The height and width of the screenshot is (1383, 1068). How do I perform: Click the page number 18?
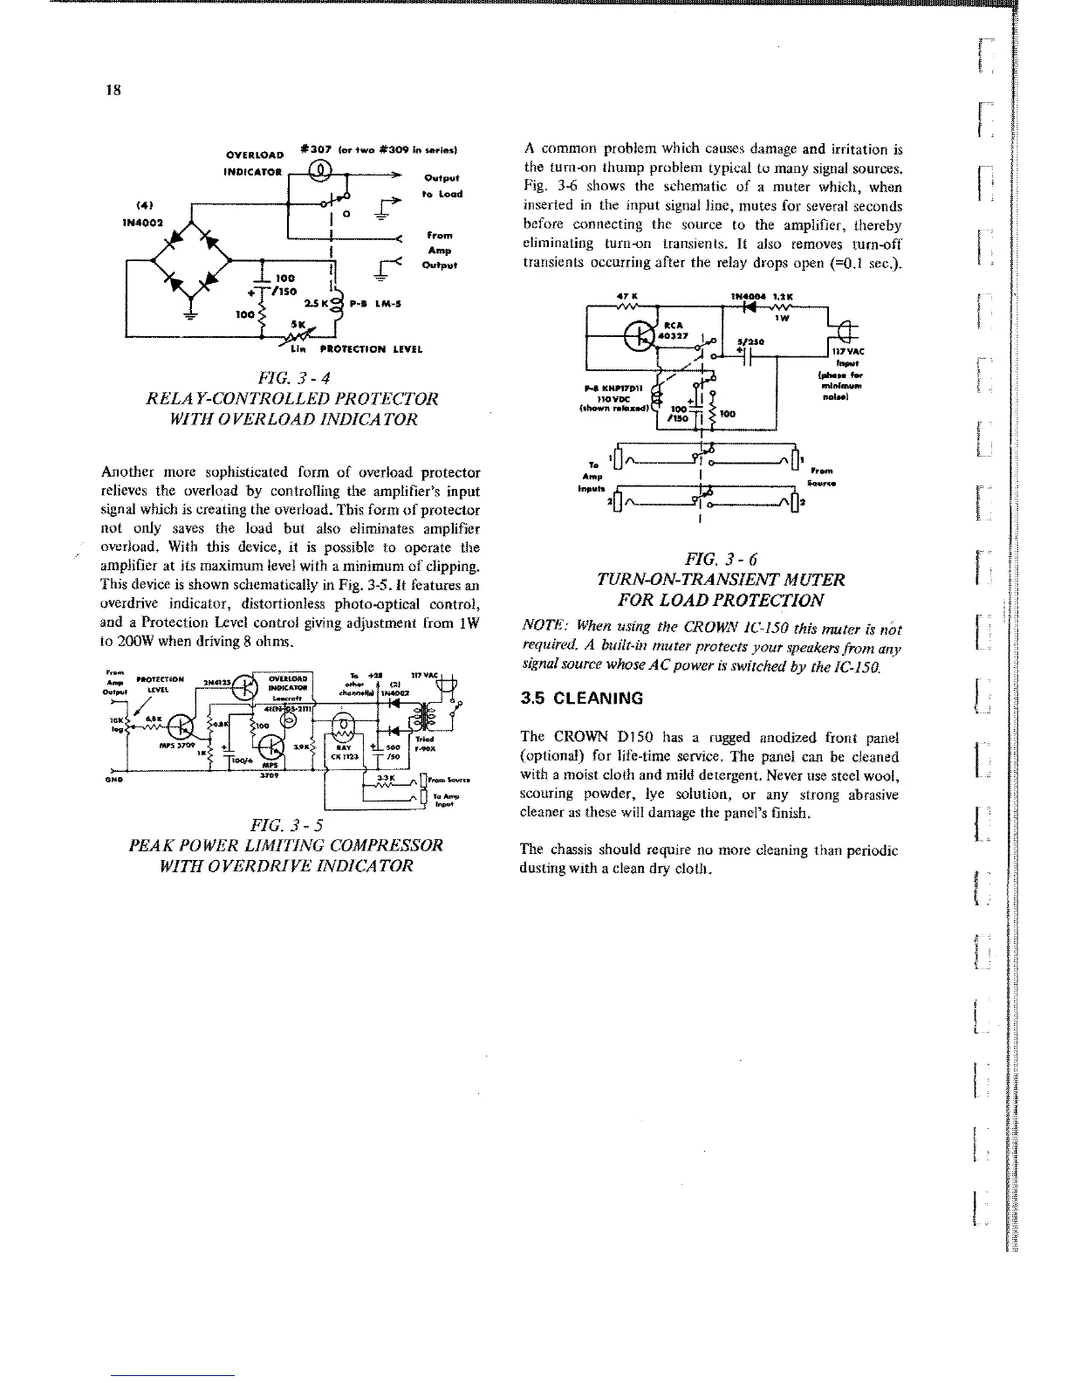(113, 90)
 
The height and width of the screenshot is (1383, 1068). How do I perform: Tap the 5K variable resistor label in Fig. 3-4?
(298, 326)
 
